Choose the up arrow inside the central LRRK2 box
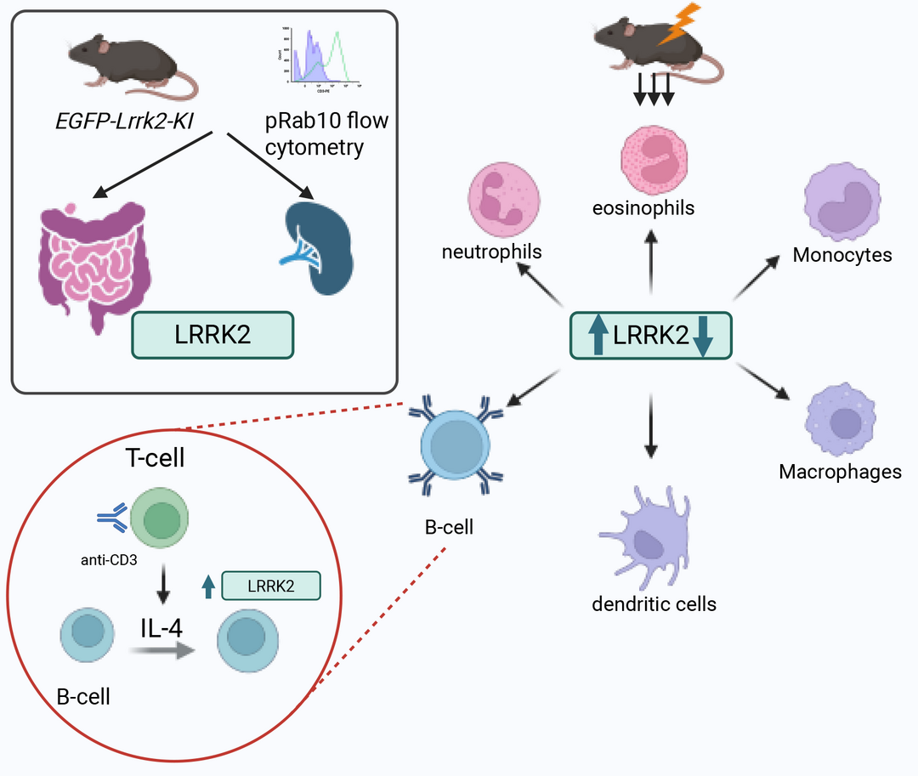click(x=598, y=333)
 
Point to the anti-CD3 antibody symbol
click(x=111, y=519)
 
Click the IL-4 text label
click(x=164, y=629)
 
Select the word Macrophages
click(x=840, y=471)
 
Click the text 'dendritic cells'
click(x=654, y=604)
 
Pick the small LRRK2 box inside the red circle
click(x=270, y=586)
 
